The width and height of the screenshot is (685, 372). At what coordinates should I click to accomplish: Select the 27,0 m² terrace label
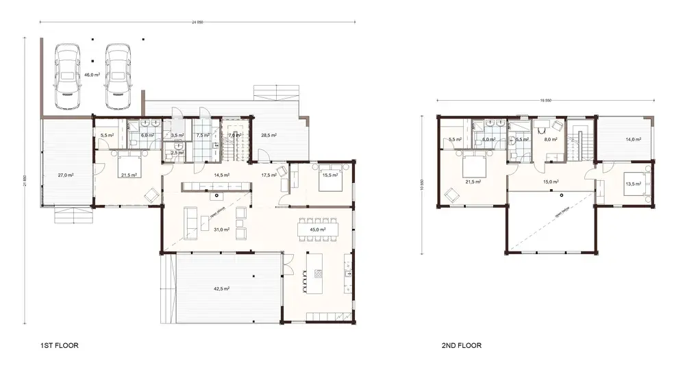point(65,175)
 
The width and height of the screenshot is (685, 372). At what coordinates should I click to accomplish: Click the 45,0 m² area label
point(316,230)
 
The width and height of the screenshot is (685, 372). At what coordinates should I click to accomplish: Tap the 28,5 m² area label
point(269,136)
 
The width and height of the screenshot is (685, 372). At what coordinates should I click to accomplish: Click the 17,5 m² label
point(269,175)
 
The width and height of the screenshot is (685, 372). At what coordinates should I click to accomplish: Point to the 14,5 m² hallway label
point(221,175)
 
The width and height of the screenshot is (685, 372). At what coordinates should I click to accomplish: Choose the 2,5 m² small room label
point(176,152)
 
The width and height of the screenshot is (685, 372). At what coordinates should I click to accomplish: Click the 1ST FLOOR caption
point(59,347)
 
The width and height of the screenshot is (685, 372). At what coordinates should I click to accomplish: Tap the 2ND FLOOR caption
point(461,347)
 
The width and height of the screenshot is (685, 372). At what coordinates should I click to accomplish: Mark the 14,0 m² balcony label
point(633,140)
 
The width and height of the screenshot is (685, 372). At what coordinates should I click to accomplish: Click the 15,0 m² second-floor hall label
point(551,182)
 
